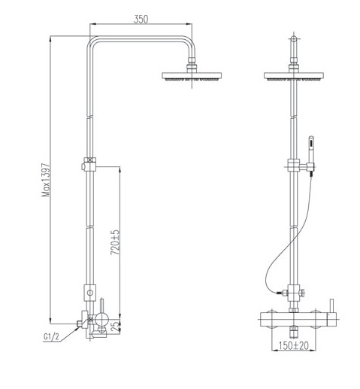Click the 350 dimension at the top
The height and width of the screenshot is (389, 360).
coord(140,20)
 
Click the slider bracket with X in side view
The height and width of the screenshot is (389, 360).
coord(91,163)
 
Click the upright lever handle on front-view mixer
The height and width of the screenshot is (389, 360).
coord(328,305)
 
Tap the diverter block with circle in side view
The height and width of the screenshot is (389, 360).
coord(91,290)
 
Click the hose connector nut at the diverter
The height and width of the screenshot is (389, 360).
coord(279,290)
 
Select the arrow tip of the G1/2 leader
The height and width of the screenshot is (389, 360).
coord(81,324)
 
